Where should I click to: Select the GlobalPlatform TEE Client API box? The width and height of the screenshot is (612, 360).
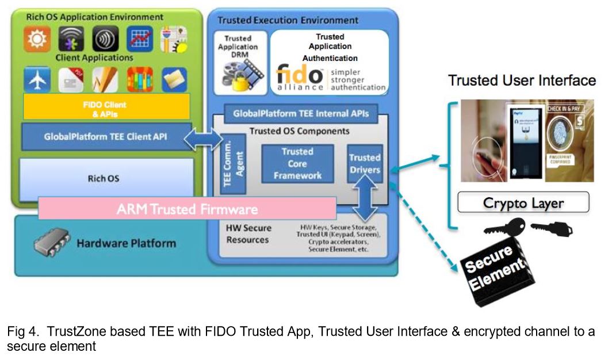pyautogui.click(x=106, y=137)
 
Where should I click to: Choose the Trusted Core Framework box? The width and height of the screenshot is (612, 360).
pyautogui.click(x=297, y=164)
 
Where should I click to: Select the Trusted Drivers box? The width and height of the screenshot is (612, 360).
pyautogui.click(x=365, y=164)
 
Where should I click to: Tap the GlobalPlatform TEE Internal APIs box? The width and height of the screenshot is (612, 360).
pyautogui.click(x=297, y=113)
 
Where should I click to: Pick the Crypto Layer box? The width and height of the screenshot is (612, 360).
pyautogui.click(x=523, y=202)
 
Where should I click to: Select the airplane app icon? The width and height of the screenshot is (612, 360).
pyautogui.click(x=37, y=80)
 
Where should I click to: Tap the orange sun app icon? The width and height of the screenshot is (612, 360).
pyautogui.click(x=37, y=39)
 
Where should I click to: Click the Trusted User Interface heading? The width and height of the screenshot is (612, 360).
pyautogui.click(x=522, y=81)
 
